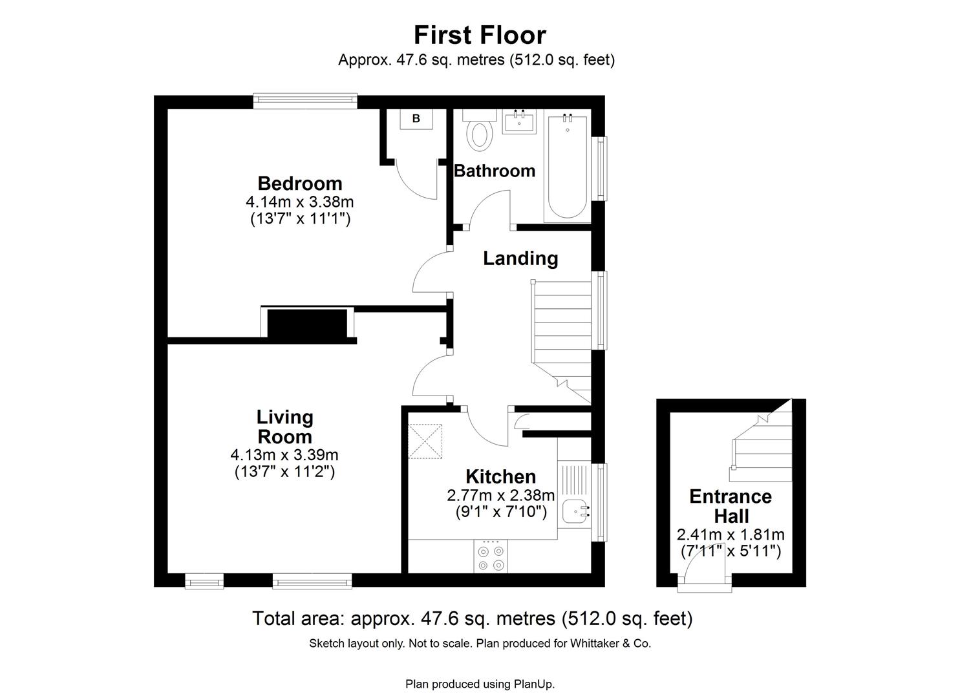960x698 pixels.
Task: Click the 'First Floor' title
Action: pyautogui.click(x=480, y=35)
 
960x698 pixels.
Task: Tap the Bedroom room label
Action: pyautogui.click(x=300, y=184)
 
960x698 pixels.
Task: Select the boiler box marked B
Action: pyautogui.click(x=416, y=119)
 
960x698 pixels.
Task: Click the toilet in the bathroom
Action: pyautogui.click(x=480, y=132)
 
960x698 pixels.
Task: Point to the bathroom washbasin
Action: pyautogui.click(x=520, y=122)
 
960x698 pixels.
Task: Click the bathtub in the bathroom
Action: pyautogui.click(x=568, y=167)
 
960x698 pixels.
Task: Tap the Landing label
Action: pyautogui.click(x=520, y=259)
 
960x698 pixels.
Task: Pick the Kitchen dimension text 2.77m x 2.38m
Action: pyautogui.click(x=500, y=496)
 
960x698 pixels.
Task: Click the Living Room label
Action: pyautogui.click(x=284, y=427)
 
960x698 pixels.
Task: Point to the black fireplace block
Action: pyautogui.click(x=307, y=324)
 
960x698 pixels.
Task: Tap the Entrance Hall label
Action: pyautogui.click(x=731, y=506)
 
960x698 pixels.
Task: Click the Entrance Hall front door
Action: pyautogui.click(x=705, y=575)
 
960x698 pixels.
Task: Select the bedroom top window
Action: pyautogui.click(x=304, y=100)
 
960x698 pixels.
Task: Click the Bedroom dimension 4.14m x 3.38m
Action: pyautogui.click(x=300, y=202)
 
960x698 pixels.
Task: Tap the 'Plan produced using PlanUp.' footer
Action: pyautogui.click(x=480, y=684)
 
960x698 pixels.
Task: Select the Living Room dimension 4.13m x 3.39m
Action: pyautogui.click(x=284, y=455)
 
